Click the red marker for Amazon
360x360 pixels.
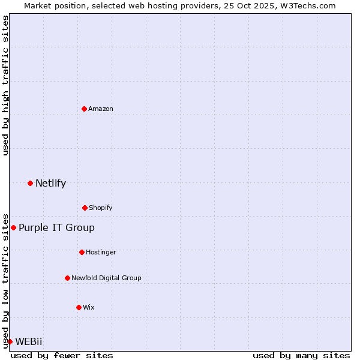pyautogui.click(x=84, y=109)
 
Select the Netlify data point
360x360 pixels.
pyautogui.click(x=30, y=183)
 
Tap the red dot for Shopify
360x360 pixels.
pyautogui.click(x=85, y=208)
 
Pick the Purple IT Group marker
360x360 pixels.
pyautogui.click(x=13, y=227)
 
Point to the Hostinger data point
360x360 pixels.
pyautogui.click(x=82, y=252)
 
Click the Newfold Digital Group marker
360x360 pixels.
pyautogui.click(x=67, y=278)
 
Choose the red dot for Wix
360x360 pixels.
pyautogui.click(x=79, y=307)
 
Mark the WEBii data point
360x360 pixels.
pyautogui.click(x=10, y=341)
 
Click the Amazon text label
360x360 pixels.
pyautogui.click(x=101, y=109)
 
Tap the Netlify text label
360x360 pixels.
pyautogui.click(x=50, y=183)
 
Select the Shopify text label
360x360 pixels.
pyautogui.click(x=101, y=208)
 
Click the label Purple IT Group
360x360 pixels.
pyautogui.click(x=56, y=227)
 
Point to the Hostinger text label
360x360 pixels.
pyautogui.click(x=101, y=252)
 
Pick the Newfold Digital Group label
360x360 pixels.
pyautogui.click(x=106, y=278)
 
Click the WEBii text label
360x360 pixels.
pyautogui.click(x=29, y=341)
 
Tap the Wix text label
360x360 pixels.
pyautogui.click(x=89, y=307)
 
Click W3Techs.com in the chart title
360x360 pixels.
pyautogui.click(x=308, y=5)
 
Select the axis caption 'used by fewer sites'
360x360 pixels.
pyautogui.click(x=62, y=355)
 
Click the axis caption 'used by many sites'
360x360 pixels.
pyautogui.click(x=301, y=355)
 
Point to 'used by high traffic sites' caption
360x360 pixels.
pyautogui.click(x=5, y=85)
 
